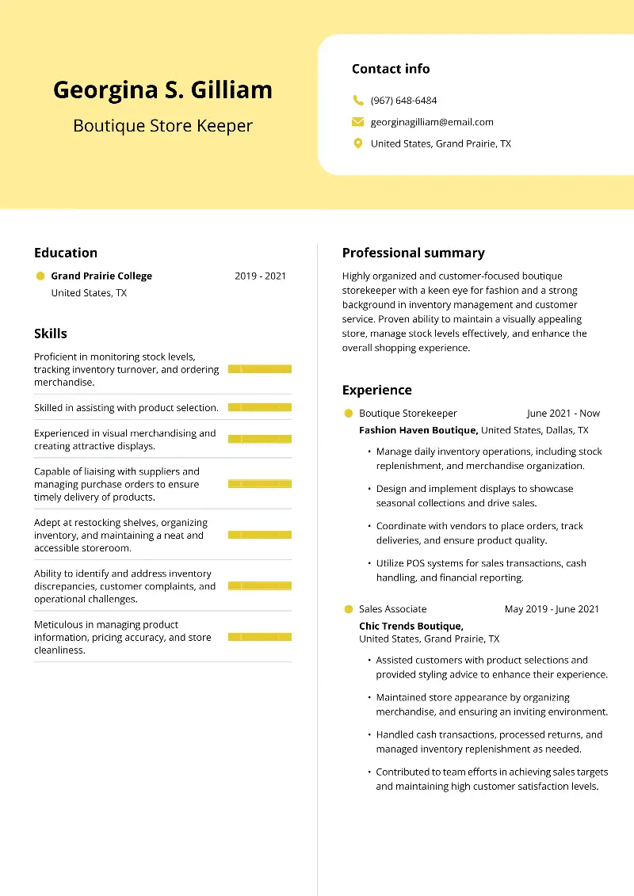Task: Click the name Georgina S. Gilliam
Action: click(x=162, y=90)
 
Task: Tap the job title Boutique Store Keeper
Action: click(x=162, y=125)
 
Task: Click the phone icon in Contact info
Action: click(x=357, y=101)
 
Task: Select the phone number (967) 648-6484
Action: click(x=403, y=101)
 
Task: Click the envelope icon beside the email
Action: click(x=357, y=122)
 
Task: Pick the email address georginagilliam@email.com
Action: click(x=432, y=122)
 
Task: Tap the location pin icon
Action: click(x=357, y=143)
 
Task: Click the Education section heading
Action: click(x=66, y=253)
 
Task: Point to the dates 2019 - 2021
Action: click(x=260, y=276)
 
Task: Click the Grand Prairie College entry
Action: click(x=101, y=276)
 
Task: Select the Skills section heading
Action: click(x=51, y=334)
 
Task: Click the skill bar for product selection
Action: click(x=259, y=407)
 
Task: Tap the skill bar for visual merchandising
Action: click(x=259, y=439)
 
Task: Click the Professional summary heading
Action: click(x=413, y=253)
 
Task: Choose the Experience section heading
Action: click(x=376, y=390)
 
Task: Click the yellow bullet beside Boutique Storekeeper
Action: click(x=348, y=413)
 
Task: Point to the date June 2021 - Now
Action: click(x=563, y=413)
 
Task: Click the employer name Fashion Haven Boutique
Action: click(x=418, y=430)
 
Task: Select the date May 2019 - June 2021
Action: click(x=552, y=609)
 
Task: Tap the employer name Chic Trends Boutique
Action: click(x=411, y=626)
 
